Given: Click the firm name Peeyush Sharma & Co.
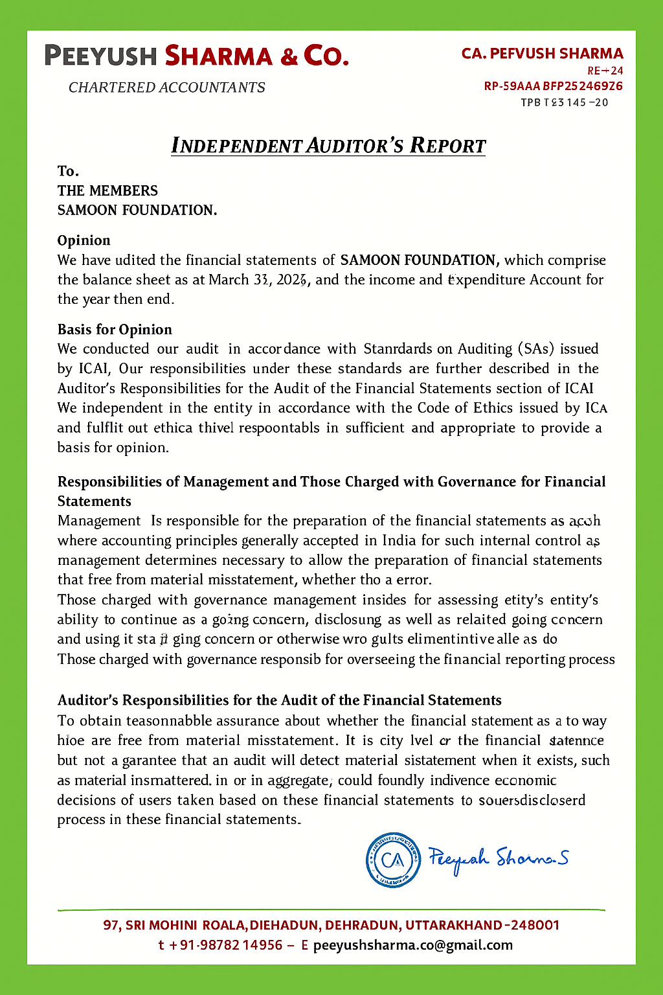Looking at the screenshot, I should coord(197,56).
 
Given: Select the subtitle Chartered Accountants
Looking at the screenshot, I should coord(167,87).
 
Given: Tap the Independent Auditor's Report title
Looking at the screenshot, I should coord(328,145).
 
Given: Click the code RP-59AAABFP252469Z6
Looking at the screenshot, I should coord(554,86).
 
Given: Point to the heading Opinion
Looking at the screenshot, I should coord(84,240).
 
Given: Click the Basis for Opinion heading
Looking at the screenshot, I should coord(115,329).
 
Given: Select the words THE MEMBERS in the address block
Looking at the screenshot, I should coord(107,190).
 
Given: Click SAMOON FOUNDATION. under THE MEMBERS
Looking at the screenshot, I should coord(137,210).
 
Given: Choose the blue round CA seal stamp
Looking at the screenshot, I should coord(393,860).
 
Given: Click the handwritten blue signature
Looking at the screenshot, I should coord(498,859).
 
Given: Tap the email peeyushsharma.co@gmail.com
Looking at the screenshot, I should coord(413,945).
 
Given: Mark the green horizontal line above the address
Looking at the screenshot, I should coord(331,910).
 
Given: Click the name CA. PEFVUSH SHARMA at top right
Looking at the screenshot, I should coord(543,54).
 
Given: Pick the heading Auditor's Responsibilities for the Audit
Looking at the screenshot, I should coord(279,700).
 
